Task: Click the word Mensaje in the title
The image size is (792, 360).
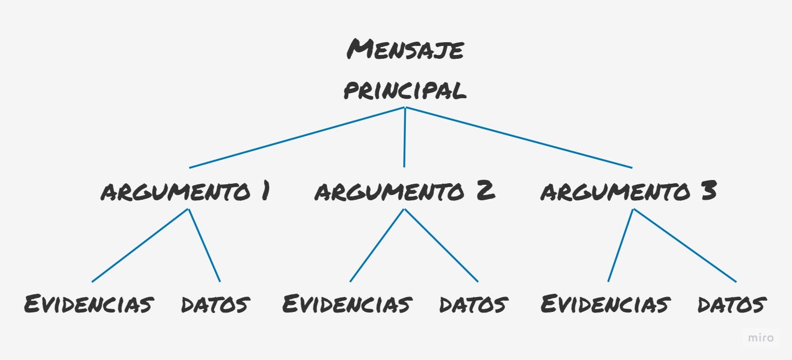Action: click(x=405, y=50)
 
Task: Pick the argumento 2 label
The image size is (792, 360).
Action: click(x=404, y=192)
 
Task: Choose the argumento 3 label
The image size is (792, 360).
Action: click(x=628, y=192)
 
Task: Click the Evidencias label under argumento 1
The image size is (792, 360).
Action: click(x=89, y=304)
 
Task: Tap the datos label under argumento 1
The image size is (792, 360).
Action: click(x=215, y=304)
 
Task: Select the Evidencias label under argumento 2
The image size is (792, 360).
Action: click(x=347, y=304)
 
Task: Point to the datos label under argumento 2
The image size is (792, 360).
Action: click(x=473, y=304)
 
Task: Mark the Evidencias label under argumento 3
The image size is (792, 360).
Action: click(x=605, y=304)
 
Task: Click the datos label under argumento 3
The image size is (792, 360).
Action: click(x=732, y=304)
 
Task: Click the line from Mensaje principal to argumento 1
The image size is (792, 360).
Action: click(x=297, y=138)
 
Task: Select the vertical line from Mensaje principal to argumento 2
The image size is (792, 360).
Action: click(x=404, y=138)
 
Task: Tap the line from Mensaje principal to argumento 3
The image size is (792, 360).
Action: click(x=519, y=138)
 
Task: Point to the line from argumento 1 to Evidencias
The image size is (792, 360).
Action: click(x=140, y=245)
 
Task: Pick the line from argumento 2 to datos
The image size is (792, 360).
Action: click(x=441, y=245)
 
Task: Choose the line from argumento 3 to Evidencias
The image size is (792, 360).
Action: click(x=621, y=245)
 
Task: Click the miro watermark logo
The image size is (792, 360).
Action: click(x=760, y=338)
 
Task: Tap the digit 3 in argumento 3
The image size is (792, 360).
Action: click(x=708, y=191)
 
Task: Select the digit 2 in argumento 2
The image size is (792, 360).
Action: click(x=485, y=191)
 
